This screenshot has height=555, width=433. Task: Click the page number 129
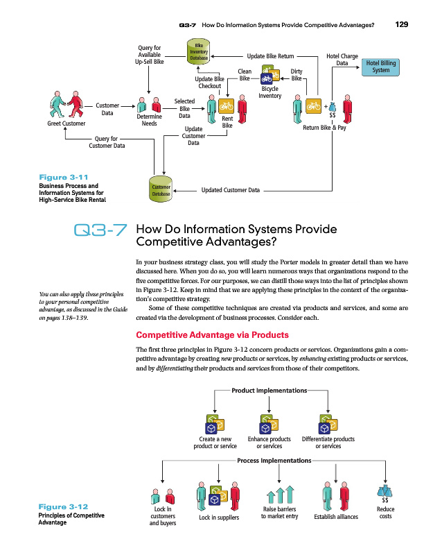point(401,25)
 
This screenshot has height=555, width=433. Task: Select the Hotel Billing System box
point(380,67)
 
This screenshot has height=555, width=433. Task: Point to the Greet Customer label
point(66,123)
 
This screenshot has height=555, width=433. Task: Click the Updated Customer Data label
point(230,189)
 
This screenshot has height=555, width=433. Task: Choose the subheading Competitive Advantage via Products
point(213,335)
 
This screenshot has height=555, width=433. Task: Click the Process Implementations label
point(274,461)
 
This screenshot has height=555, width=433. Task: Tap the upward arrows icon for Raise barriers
point(280,495)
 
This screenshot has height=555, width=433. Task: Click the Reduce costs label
point(385,512)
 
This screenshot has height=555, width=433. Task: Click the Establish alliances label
point(335,516)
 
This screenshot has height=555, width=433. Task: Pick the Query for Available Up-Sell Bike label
point(150,55)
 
